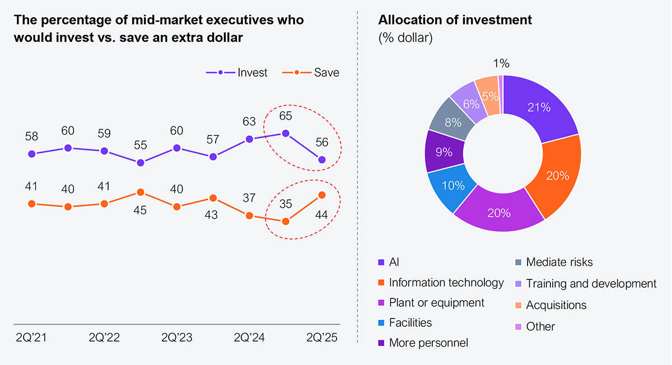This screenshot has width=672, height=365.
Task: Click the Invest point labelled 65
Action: (286, 133)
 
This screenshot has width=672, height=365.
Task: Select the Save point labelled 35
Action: (286, 221)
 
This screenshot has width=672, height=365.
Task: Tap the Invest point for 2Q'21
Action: (32, 154)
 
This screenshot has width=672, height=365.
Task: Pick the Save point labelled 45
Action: (141, 193)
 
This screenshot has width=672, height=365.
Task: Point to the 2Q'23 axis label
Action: (177, 338)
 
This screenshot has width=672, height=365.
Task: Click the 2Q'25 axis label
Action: (322, 338)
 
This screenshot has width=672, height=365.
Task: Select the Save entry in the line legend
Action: (311, 73)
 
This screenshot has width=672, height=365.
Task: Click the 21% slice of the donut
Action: (539, 107)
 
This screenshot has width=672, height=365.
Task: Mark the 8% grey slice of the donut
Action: (452, 121)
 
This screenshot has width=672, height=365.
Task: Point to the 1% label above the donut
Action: (502, 64)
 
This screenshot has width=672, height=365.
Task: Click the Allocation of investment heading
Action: (455, 20)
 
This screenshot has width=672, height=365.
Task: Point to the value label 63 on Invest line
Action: (249, 121)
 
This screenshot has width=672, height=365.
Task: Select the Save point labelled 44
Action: (322, 195)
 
